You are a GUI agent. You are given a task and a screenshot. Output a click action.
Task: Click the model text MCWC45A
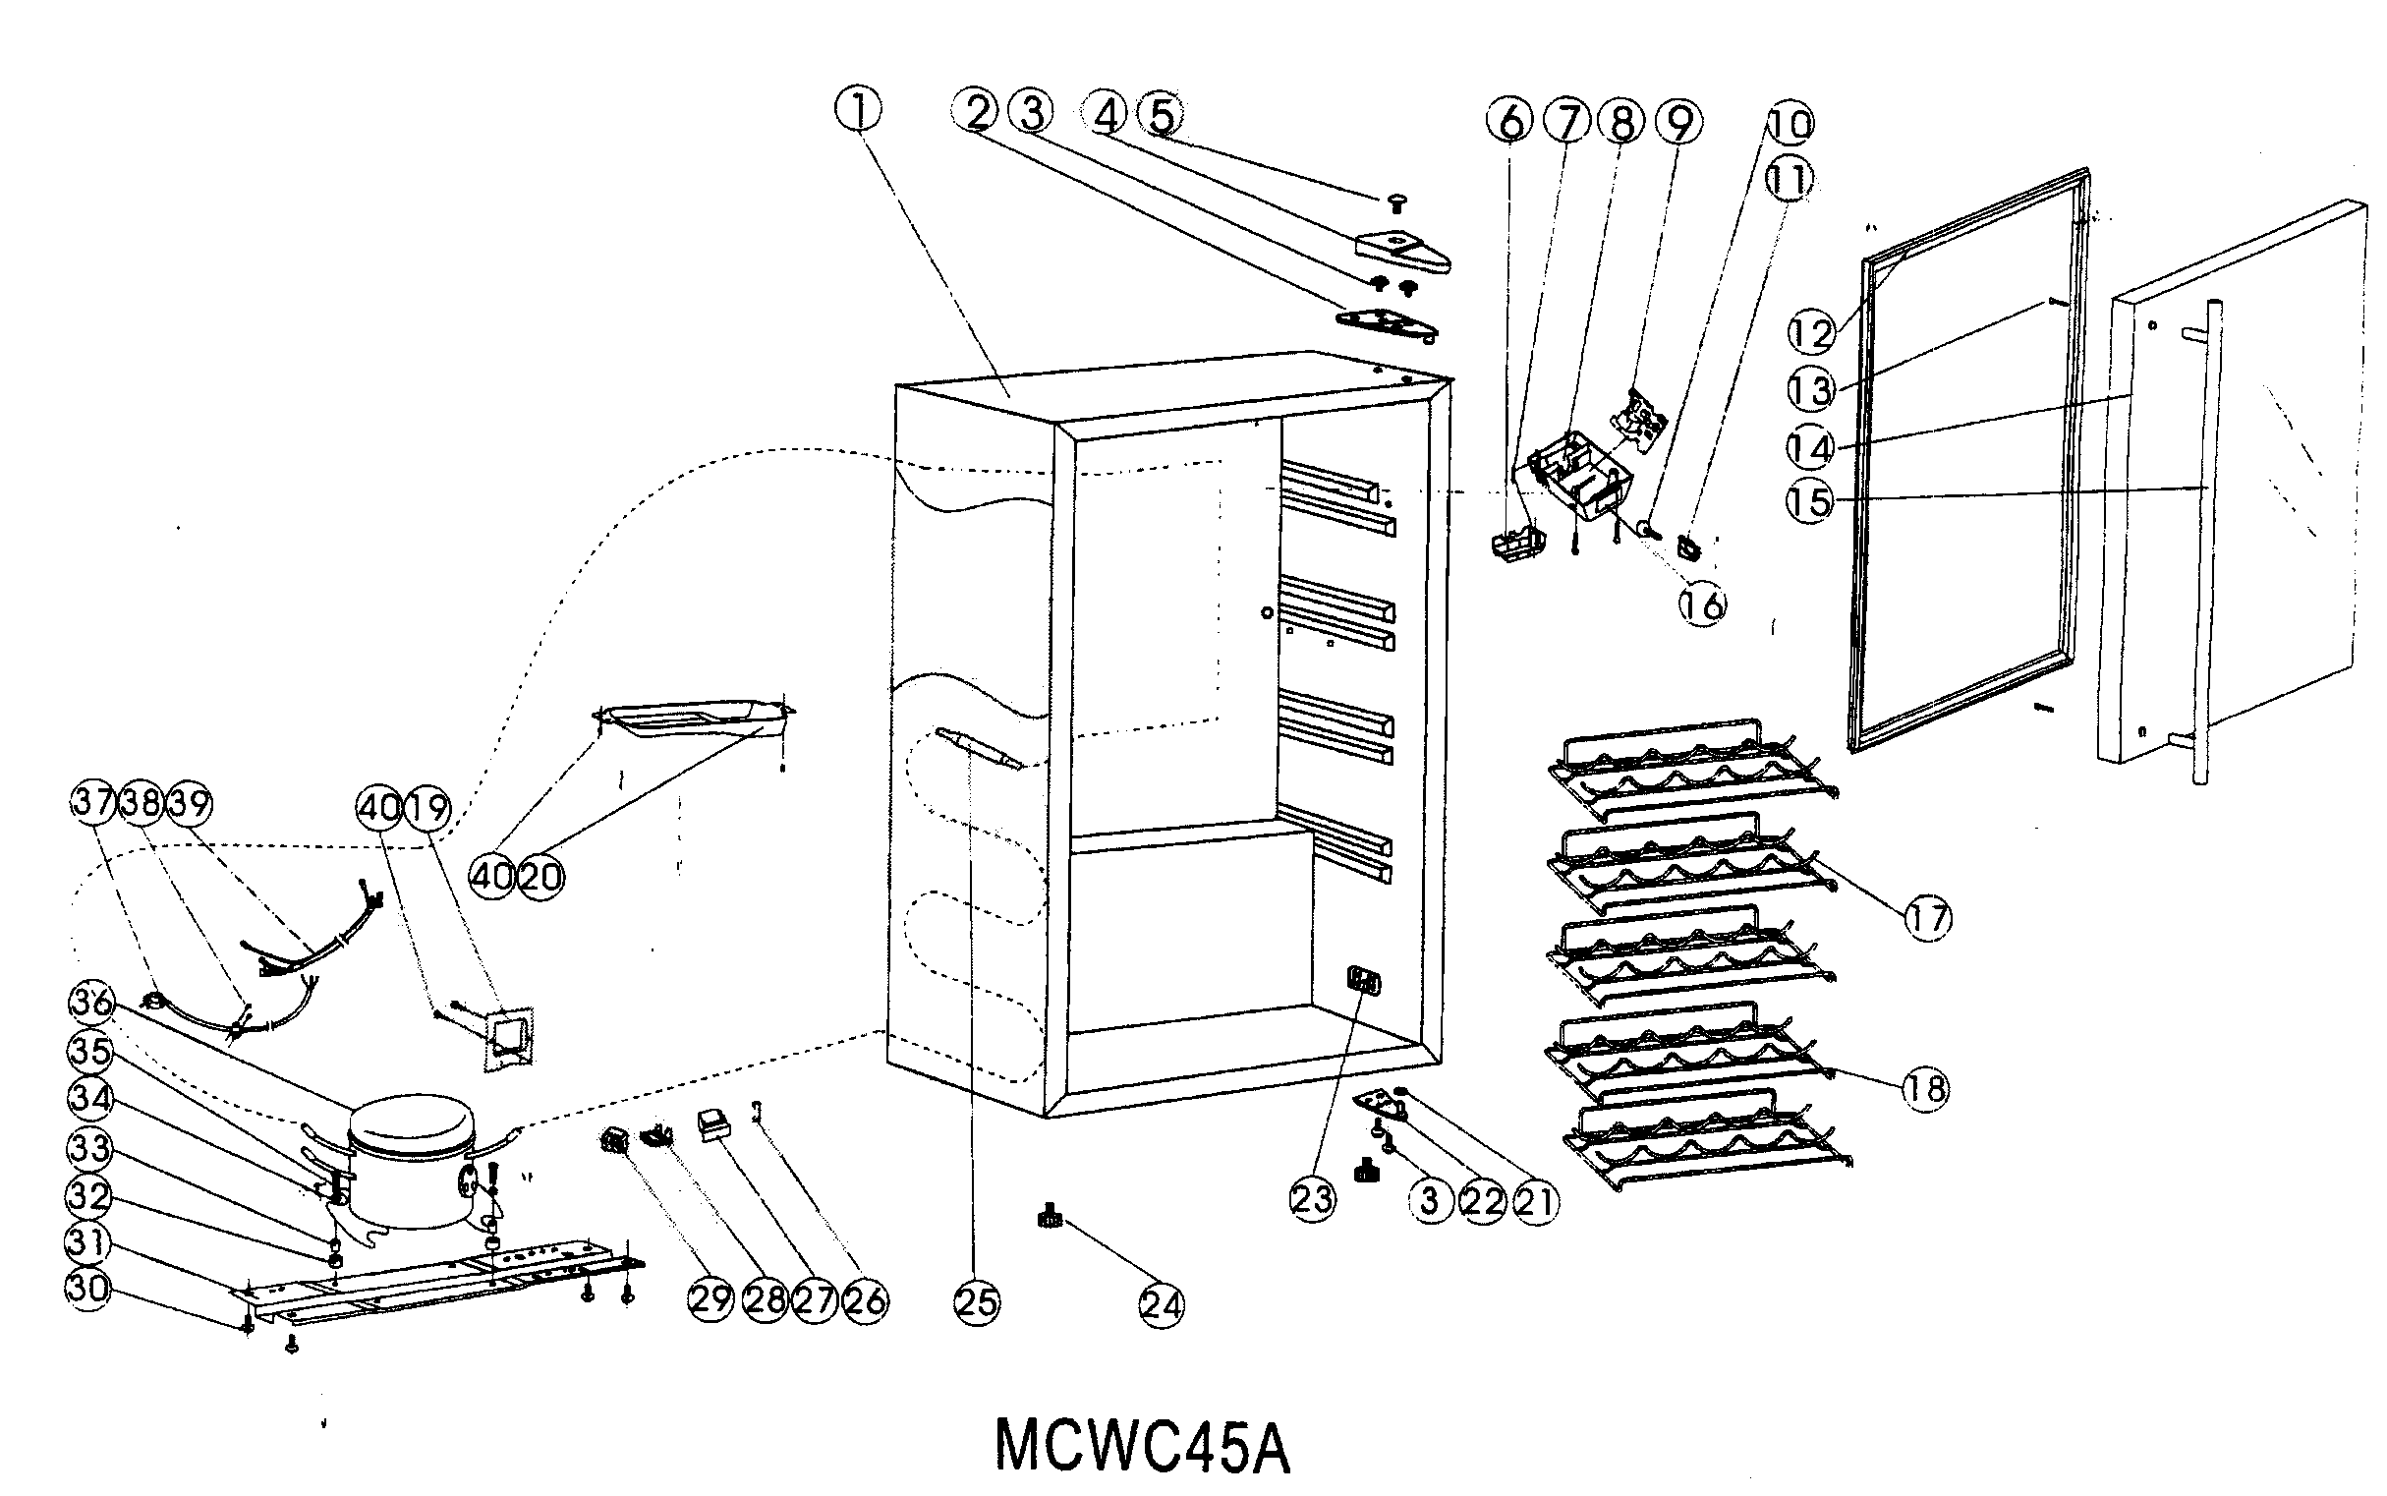pos(1142,1448)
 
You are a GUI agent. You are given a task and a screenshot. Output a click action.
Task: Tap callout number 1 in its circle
pos(859,111)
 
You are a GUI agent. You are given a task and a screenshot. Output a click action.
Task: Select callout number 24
pos(1162,1305)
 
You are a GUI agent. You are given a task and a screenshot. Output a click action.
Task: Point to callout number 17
pos(1927,918)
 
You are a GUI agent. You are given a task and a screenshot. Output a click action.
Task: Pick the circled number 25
pos(977,1302)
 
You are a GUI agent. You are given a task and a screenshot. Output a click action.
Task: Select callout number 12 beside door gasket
pos(1811,332)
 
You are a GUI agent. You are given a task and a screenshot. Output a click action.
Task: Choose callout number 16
pos(1701,604)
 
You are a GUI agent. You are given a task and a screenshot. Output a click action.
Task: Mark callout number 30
pos(89,1289)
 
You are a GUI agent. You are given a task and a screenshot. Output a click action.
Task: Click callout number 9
pos(1678,123)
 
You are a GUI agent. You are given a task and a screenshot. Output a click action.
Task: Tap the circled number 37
pos(94,802)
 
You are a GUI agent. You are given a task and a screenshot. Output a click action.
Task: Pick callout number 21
pos(1535,1201)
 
